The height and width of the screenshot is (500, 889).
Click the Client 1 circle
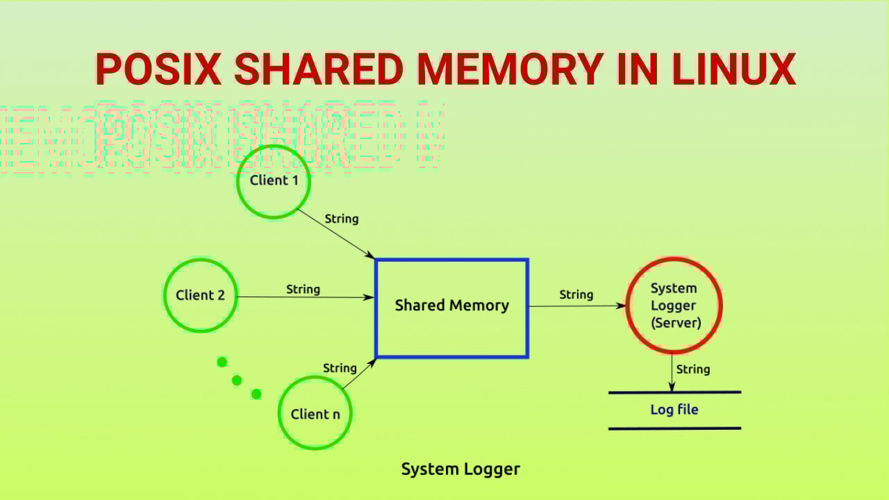[274, 181]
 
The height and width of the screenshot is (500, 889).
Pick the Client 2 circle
[201, 295]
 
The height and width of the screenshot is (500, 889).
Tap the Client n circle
[315, 414]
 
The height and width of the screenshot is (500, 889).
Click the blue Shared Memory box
[451, 308]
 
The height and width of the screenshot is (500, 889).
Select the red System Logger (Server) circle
[674, 306]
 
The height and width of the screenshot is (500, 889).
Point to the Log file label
[674, 410]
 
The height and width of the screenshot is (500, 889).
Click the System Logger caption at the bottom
[460, 469]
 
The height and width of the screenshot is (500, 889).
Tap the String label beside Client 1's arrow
[342, 219]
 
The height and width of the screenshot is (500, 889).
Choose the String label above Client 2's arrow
[303, 289]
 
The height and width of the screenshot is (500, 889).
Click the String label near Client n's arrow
[340, 368]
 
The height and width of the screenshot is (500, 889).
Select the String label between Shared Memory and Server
[576, 294]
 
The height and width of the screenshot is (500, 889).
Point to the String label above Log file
[692, 369]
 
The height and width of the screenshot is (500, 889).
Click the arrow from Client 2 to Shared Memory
[306, 297]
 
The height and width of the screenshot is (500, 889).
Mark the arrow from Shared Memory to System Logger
[576, 306]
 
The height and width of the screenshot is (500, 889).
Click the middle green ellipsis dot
[237, 380]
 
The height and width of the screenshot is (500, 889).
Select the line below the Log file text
[674, 428]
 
